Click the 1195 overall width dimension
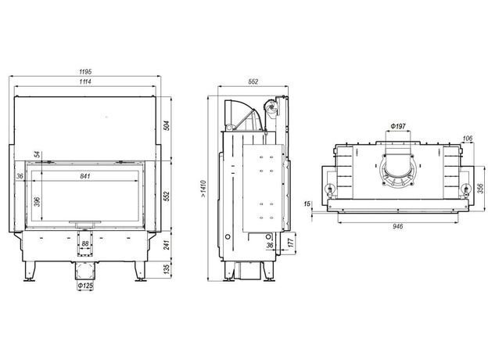pos(85,72)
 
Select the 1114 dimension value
pos(85,81)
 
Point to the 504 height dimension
pos(167,125)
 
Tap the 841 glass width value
pos(85,176)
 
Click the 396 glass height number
pos(38,201)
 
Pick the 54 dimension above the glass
pos(38,154)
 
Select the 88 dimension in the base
pos(85,244)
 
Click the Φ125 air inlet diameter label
pos(85,285)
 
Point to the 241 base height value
pos(167,245)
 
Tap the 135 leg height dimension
pos(167,270)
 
